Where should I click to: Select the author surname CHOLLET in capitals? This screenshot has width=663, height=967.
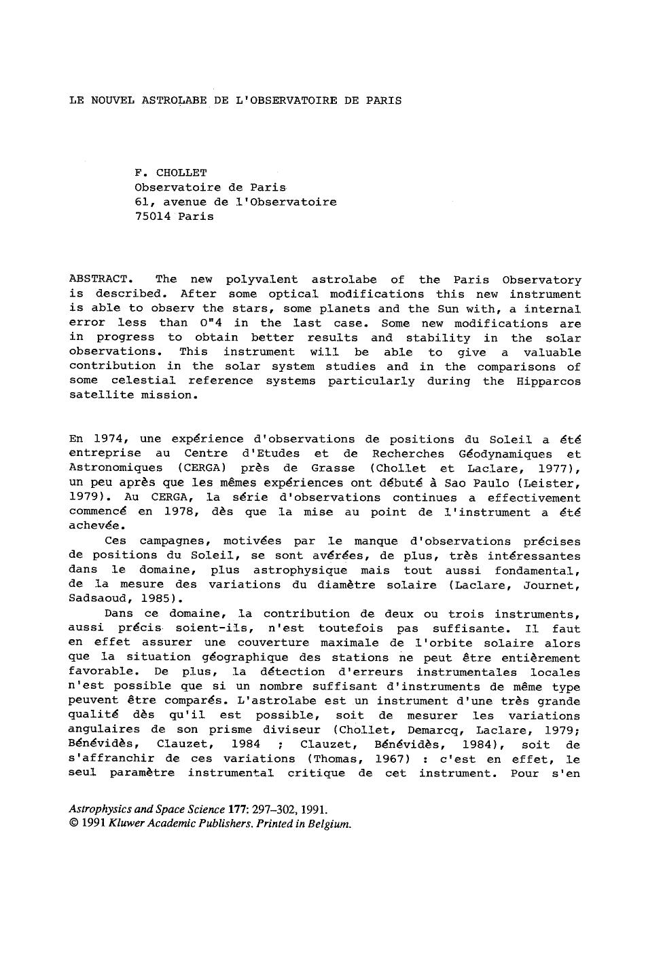pos(181,172)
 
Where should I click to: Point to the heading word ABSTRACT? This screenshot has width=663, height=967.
pos(98,280)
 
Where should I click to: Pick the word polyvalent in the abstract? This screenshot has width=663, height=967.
pos(262,280)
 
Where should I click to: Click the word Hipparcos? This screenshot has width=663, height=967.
pos(549,381)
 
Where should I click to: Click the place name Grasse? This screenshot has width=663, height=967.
pos(333,468)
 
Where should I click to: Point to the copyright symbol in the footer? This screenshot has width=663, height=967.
pos(74,824)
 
